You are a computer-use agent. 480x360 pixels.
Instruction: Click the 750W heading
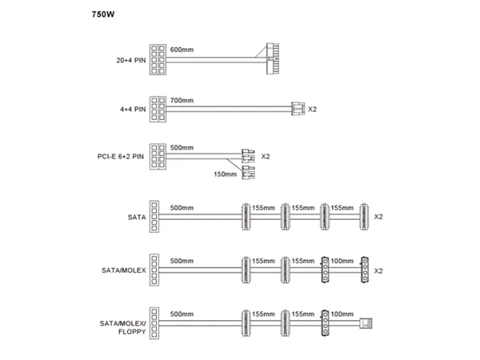(103, 14)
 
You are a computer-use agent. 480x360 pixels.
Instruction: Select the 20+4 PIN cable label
(130, 60)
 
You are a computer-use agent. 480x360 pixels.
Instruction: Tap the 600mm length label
(182, 50)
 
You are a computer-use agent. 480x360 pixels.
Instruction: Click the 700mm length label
(182, 101)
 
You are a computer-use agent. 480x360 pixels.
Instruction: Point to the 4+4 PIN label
(133, 110)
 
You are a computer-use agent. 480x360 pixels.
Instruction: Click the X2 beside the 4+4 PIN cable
(312, 110)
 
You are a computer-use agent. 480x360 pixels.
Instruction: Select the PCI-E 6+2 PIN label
(120, 157)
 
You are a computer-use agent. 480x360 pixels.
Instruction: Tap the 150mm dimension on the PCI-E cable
(225, 174)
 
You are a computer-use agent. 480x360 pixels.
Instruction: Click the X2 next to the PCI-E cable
(266, 157)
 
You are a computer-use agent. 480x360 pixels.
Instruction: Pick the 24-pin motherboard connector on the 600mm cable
(273, 58)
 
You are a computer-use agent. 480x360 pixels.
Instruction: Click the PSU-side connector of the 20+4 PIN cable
(158, 59)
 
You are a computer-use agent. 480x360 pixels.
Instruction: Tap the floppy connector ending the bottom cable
(366, 323)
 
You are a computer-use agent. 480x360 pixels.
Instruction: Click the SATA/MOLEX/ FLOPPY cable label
(122, 327)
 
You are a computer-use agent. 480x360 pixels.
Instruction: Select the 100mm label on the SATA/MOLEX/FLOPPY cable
(342, 314)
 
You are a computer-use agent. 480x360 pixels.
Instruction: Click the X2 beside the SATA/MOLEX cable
(378, 271)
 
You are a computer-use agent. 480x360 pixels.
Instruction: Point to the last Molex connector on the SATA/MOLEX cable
(365, 270)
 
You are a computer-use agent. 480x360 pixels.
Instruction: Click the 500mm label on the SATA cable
(182, 208)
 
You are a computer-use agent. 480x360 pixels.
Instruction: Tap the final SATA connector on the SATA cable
(364, 217)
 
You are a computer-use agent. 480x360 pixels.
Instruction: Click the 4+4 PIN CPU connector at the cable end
(298, 109)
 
